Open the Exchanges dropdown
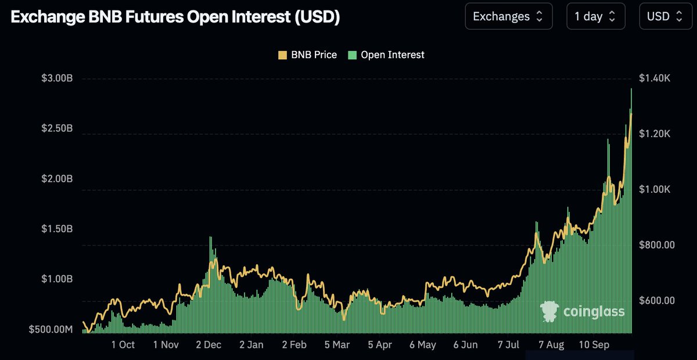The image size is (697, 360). (x=508, y=16)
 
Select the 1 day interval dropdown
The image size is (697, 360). (x=595, y=16)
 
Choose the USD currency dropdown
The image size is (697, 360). (x=664, y=16)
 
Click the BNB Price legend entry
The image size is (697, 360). (x=308, y=55)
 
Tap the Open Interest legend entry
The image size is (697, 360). (x=386, y=55)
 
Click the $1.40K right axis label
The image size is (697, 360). (x=654, y=78)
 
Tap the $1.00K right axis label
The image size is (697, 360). (x=654, y=190)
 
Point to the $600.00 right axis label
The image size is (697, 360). (x=657, y=301)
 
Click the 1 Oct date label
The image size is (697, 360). (x=123, y=345)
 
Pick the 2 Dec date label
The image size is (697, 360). (x=209, y=345)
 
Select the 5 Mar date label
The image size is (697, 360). (x=337, y=345)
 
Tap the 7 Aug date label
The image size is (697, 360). (x=551, y=345)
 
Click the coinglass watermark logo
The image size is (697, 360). (x=583, y=312)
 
